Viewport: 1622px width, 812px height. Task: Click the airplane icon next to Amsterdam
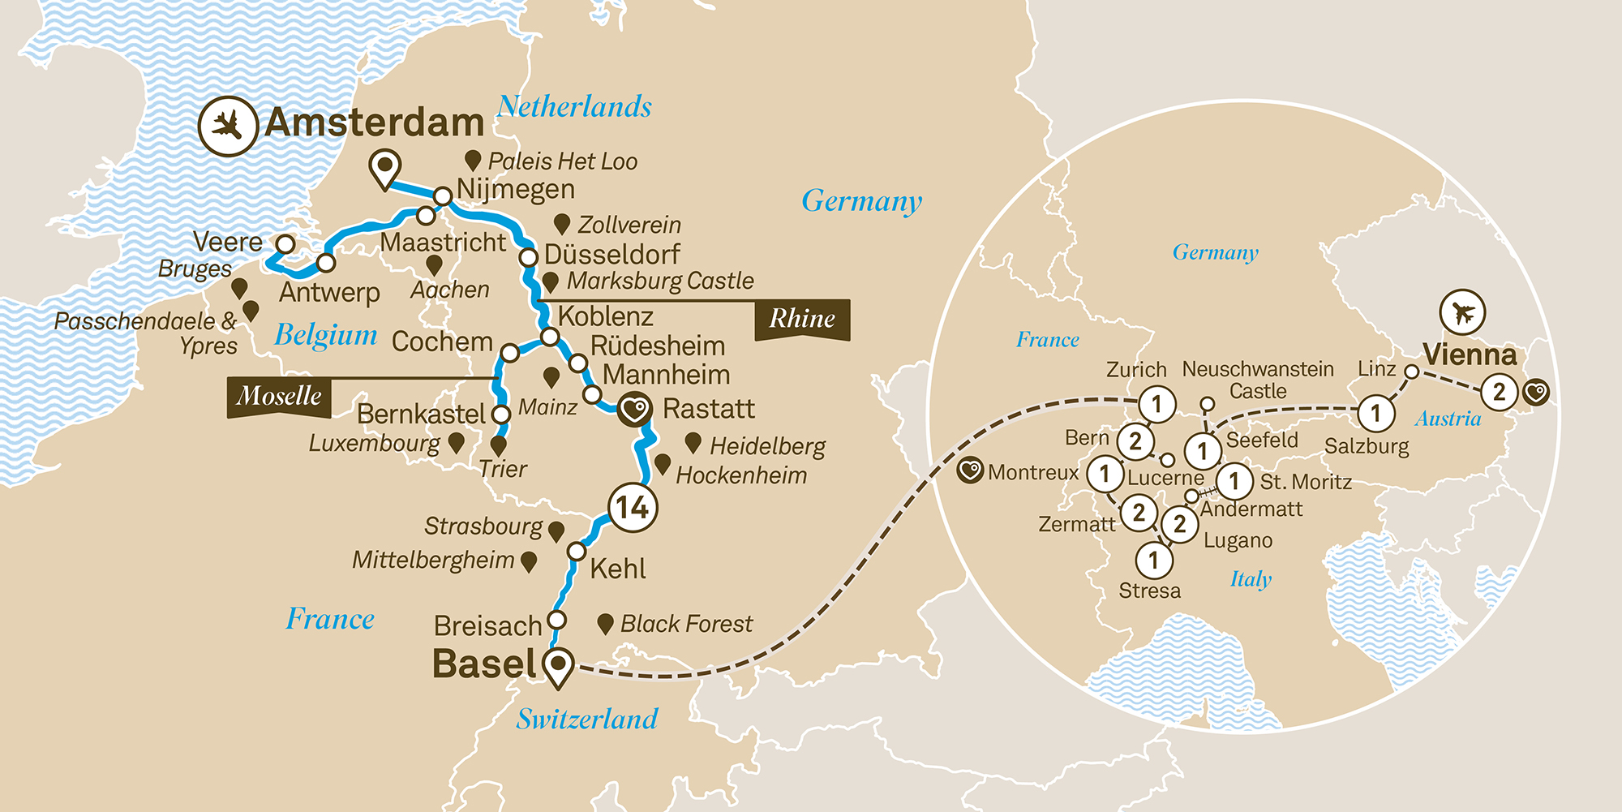tap(228, 126)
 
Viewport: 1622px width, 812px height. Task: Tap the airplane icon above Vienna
tap(1462, 312)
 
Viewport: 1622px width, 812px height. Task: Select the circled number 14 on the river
tap(632, 508)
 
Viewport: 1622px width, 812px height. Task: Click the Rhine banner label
tap(802, 319)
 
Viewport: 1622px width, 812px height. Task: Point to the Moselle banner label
tap(279, 397)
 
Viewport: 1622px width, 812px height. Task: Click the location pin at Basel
tap(558, 666)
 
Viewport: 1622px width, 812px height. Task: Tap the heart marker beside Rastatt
tap(635, 409)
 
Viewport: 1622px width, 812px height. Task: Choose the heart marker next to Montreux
tap(970, 471)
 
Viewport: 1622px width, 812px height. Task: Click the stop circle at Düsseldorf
tap(529, 258)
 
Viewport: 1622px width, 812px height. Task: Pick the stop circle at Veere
tap(285, 243)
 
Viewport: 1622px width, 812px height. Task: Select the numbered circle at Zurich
tap(1157, 403)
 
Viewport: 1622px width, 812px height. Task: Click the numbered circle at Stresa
tap(1153, 560)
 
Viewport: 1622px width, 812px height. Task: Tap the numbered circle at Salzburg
tap(1375, 414)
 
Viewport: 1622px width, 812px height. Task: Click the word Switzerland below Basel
tap(587, 719)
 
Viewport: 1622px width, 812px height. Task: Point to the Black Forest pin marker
tap(604, 623)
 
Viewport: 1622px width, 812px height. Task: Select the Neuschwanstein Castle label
tap(1258, 380)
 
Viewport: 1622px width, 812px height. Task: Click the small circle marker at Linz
tap(1411, 372)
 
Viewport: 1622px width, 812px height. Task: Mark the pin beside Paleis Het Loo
tap(473, 160)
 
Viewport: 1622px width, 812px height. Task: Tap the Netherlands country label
tap(574, 106)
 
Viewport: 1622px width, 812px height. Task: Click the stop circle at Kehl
tap(577, 552)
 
